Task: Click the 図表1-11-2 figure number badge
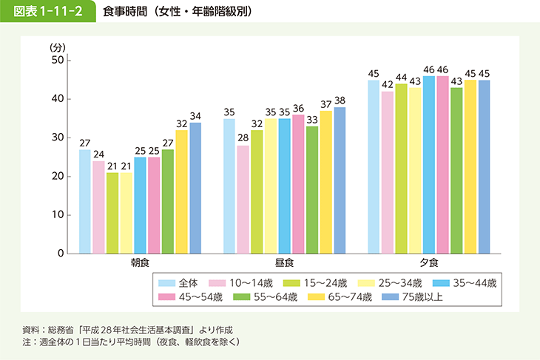coord(49,13)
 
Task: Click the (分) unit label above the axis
coord(58,47)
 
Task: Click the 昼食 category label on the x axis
coord(284,263)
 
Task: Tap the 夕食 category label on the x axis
coord(428,263)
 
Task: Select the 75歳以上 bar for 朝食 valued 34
coord(195,188)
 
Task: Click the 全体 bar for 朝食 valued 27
coord(85,201)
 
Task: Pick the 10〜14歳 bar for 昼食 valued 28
coord(243,200)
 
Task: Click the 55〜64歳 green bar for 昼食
coord(312,190)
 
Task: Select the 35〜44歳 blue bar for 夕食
coord(429,165)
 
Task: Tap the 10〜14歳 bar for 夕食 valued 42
coord(388,172)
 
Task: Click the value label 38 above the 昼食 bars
coord(340,101)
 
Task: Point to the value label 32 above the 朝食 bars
coord(181,123)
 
